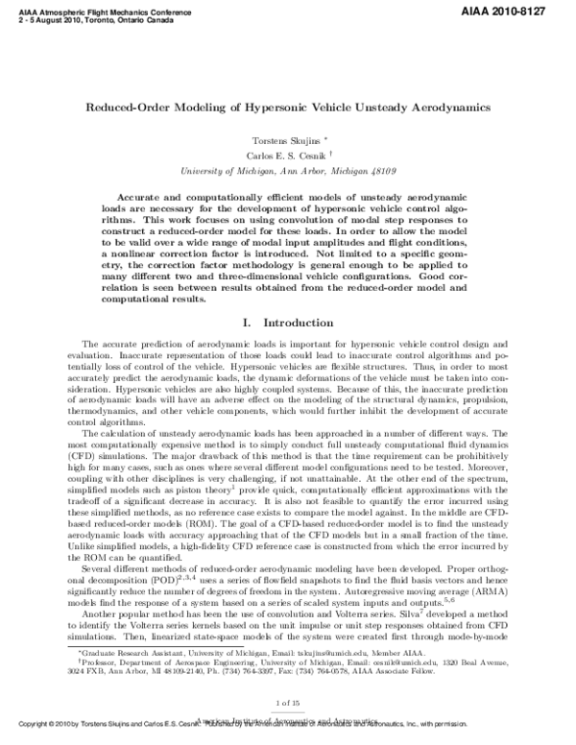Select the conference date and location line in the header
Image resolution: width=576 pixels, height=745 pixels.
(78, 15)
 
